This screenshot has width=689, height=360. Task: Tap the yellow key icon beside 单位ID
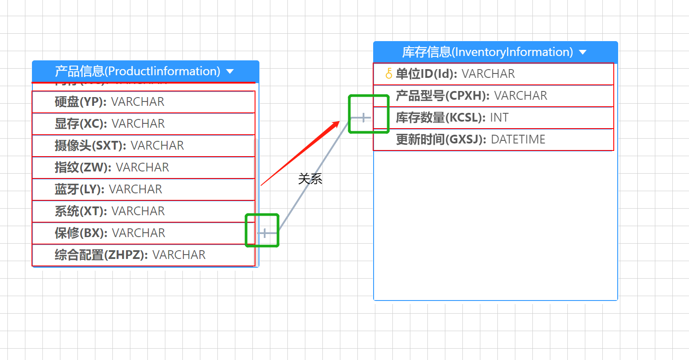click(x=388, y=73)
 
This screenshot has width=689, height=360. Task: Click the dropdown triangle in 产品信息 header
click(x=230, y=71)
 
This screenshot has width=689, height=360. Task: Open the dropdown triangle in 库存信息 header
click(x=583, y=52)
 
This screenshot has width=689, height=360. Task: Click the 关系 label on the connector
click(x=310, y=178)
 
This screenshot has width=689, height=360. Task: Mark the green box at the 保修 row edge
click(x=262, y=230)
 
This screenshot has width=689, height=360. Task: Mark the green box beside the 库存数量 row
click(x=369, y=114)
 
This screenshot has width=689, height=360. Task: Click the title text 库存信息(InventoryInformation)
click(x=487, y=52)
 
